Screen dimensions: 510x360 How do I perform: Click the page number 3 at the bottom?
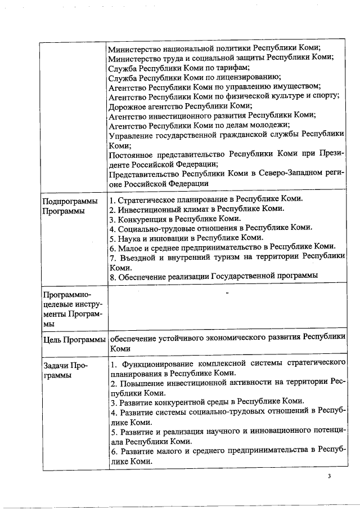[x=330, y=477]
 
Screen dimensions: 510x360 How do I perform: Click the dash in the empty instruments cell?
[x=227, y=294]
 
